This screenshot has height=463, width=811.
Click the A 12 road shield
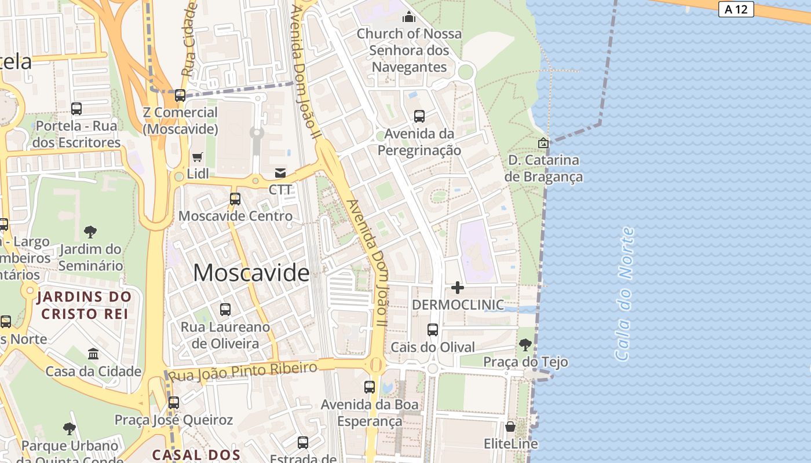pyautogui.click(x=736, y=9)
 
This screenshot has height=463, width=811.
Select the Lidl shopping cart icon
pyautogui.click(x=197, y=157)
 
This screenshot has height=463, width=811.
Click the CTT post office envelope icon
pyautogui.click(x=280, y=173)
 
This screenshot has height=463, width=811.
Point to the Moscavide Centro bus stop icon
pyautogui.click(x=235, y=199)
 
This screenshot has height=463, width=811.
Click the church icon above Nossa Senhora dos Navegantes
pyautogui.click(x=409, y=17)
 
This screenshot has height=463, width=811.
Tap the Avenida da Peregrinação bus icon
pyautogui.click(x=419, y=116)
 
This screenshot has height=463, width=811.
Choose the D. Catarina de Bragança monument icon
pyautogui.click(x=543, y=142)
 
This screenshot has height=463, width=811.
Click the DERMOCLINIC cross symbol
pyautogui.click(x=458, y=287)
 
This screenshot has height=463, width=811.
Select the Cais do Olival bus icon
pyautogui.click(x=432, y=330)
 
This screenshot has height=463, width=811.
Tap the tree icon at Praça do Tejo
pyautogui.click(x=525, y=345)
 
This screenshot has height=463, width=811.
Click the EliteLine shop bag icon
pyautogui.click(x=510, y=427)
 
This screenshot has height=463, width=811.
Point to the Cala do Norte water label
pyautogui.click(x=624, y=294)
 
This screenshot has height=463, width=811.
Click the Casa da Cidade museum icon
pyautogui.click(x=93, y=354)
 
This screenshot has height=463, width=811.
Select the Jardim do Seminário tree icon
pyautogui.click(x=90, y=232)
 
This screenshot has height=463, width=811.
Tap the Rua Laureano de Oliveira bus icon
pyautogui.click(x=225, y=310)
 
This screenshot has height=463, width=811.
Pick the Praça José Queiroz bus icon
pyautogui.click(x=173, y=402)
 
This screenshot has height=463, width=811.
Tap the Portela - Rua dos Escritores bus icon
pyautogui.click(x=76, y=108)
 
